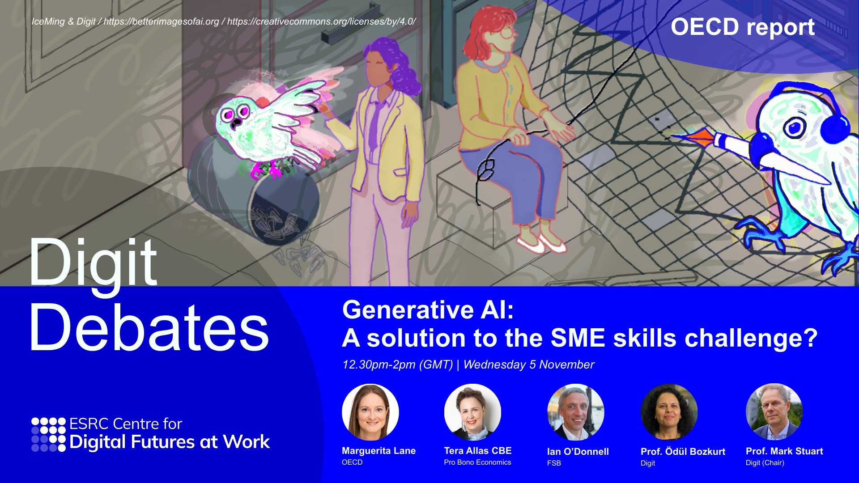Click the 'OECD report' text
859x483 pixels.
743,27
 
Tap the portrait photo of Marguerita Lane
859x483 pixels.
370,412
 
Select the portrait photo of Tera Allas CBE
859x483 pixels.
472,412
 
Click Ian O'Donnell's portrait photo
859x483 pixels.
576,412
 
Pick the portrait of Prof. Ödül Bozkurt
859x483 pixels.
669,412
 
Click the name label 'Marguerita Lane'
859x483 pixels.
379,451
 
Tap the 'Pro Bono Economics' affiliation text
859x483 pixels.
477,462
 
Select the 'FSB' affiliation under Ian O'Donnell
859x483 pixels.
554,463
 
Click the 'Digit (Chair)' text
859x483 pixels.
765,463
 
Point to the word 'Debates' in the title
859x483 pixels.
149,327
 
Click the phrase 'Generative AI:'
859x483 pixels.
428,310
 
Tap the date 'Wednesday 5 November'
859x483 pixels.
529,365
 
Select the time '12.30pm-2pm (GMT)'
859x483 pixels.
398,365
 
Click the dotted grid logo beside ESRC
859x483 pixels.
48,435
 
